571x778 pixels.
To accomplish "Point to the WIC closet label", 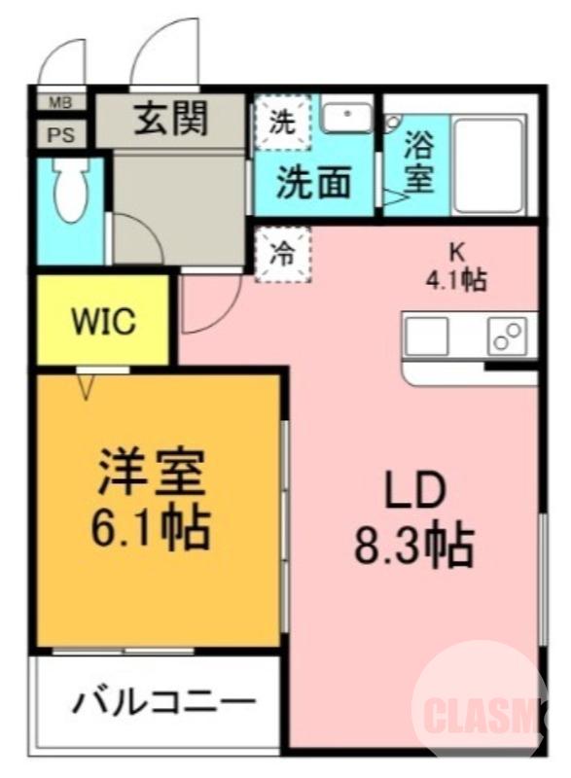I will pyautogui.click(x=103, y=322).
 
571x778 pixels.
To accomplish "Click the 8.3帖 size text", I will pyautogui.click(x=413, y=547).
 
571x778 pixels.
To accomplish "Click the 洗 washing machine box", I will pyautogui.click(x=282, y=124).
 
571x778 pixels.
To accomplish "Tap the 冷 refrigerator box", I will pyautogui.click(x=282, y=255).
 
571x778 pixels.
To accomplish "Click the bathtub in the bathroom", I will pyautogui.click(x=489, y=164).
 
